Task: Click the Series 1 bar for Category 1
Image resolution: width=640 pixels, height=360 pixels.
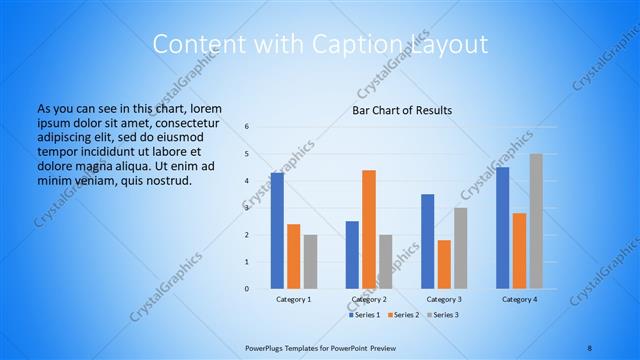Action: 277,231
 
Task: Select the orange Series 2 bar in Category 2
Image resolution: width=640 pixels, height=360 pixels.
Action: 369,229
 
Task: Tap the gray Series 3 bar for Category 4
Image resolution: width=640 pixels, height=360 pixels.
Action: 536,221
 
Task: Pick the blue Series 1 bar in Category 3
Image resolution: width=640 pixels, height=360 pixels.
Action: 427,241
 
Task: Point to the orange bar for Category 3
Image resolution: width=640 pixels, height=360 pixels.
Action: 444,264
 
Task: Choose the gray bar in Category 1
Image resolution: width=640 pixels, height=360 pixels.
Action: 311,261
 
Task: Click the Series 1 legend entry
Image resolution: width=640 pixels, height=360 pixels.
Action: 366,315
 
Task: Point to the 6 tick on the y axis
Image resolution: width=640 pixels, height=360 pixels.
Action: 247,127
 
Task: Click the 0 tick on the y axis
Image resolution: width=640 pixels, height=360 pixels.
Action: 247,289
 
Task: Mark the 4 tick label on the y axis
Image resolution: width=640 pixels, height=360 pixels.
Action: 247,181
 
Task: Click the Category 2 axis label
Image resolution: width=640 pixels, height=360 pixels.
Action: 369,299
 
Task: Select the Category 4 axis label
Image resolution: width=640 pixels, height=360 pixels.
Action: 519,299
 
